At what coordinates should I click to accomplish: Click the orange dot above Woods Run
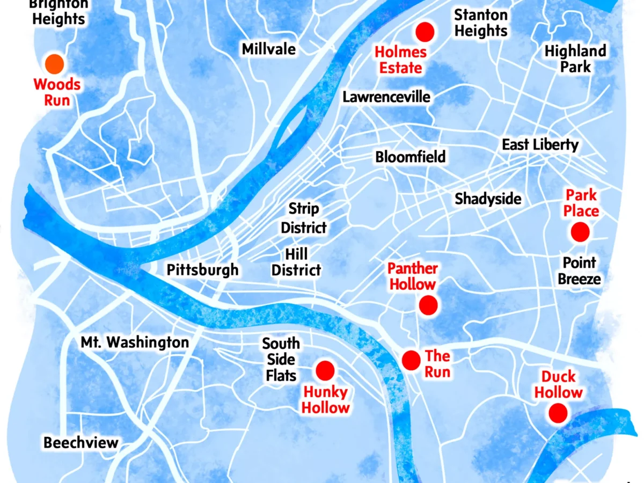tap(54, 64)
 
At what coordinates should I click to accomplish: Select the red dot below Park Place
tap(580, 232)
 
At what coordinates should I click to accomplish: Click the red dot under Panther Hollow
tap(428, 305)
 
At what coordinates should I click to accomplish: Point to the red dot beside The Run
tap(411, 360)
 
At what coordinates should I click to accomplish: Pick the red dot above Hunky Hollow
tap(325, 370)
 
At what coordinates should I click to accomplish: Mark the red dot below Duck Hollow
tap(558, 413)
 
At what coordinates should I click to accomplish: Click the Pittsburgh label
tap(202, 269)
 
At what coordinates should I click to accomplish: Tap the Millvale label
tap(268, 49)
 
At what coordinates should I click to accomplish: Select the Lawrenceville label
tap(386, 97)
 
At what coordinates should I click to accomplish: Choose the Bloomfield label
tap(411, 157)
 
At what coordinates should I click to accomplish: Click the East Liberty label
tap(540, 145)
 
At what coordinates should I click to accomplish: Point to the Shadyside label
tap(488, 199)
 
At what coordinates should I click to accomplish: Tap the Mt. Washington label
tap(135, 342)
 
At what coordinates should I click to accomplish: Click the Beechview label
tap(80, 443)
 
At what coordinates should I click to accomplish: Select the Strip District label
tap(304, 218)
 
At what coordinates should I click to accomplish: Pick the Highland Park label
tap(575, 59)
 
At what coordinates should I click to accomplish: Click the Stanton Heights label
tap(481, 23)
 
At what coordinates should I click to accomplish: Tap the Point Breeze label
tap(579, 271)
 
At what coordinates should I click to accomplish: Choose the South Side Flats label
tap(281, 359)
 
